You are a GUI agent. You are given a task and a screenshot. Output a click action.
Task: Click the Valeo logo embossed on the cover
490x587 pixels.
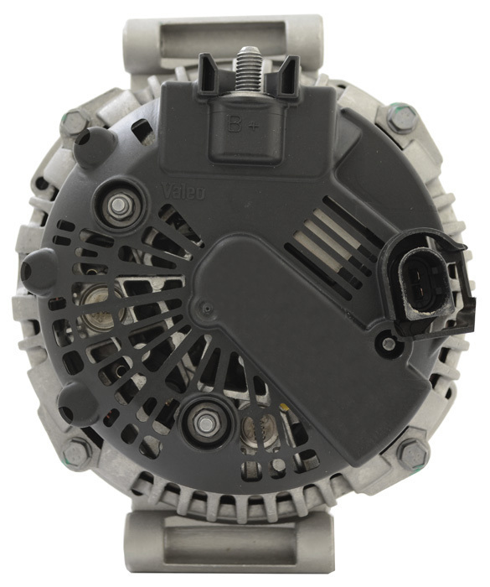click(183, 192)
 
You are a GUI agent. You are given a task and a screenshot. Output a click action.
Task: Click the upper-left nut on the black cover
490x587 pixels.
click(119, 205)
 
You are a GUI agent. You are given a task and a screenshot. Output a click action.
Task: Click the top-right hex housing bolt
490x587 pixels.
click(402, 117)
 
